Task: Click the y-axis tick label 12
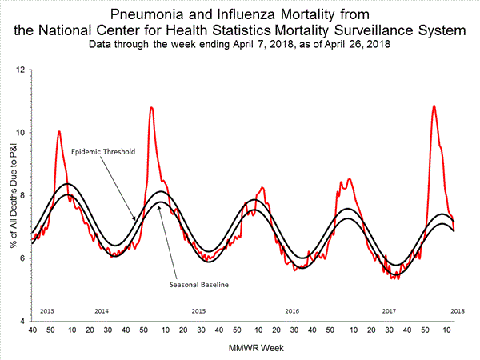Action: pos(19,70)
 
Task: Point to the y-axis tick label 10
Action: pos(19,133)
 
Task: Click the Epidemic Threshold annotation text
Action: pos(103,151)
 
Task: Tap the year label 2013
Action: pos(46,310)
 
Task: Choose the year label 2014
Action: pos(102,310)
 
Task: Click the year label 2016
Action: pos(293,310)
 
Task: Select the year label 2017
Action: pos(389,310)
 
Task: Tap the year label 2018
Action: pos(457,310)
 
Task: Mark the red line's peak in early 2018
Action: pos(434,106)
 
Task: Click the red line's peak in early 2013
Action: pos(58,131)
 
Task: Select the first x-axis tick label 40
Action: pos(32,329)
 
